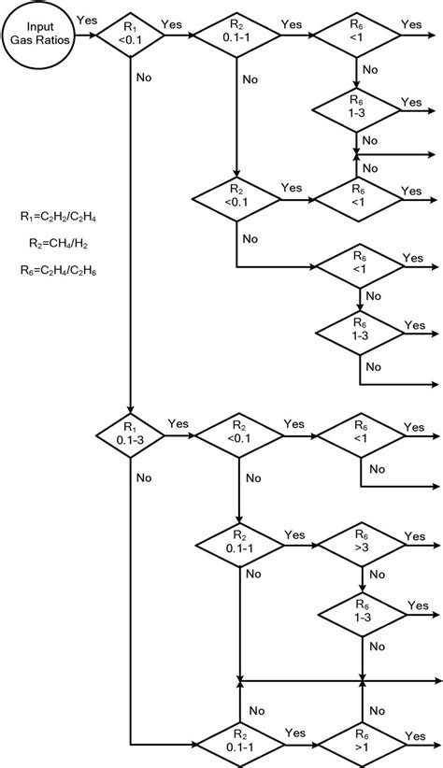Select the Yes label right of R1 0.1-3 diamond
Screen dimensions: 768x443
coord(178,422)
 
